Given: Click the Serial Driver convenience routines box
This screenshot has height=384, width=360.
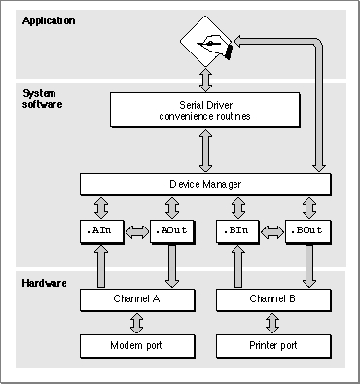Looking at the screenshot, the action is (205, 110).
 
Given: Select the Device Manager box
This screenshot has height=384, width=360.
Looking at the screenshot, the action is (205, 185).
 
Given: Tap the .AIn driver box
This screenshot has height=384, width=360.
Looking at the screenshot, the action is (102, 231).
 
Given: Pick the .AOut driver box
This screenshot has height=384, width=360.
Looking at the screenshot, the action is (172, 231).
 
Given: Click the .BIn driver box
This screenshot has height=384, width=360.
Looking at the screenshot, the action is (238, 231).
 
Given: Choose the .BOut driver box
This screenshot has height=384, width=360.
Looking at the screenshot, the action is (308, 231).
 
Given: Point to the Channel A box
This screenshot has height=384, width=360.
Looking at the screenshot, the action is (137, 300).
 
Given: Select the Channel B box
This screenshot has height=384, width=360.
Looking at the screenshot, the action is (273, 300).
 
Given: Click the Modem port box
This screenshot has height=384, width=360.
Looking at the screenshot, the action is (137, 346).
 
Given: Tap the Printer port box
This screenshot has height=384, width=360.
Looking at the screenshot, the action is (273, 346).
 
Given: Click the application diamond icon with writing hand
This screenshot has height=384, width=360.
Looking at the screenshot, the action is (206, 42).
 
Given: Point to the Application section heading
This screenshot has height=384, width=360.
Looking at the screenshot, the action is (49, 21).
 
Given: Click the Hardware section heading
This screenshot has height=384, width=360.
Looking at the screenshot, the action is (45, 283).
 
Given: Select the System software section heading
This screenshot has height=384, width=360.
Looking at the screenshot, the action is (42, 99).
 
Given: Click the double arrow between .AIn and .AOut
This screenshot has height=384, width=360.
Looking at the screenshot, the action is (137, 232).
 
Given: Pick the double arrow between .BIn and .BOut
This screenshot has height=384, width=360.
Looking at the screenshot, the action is (272, 232).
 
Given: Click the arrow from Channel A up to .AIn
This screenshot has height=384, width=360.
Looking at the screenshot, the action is (101, 265).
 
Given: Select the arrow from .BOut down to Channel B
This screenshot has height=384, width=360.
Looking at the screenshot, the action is (309, 265).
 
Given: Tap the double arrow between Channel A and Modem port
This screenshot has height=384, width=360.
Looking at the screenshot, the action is (137, 323).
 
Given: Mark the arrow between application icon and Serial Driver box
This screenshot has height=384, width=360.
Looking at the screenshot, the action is (205, 80).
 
